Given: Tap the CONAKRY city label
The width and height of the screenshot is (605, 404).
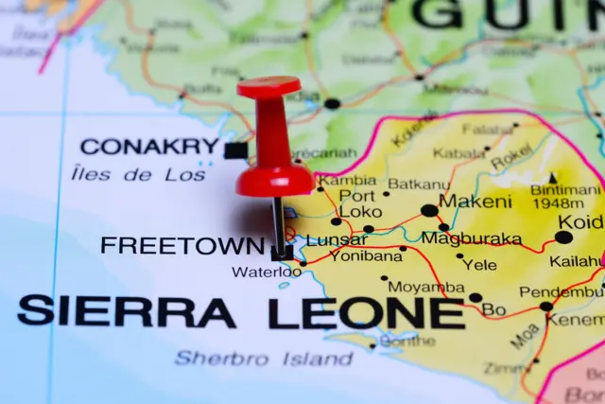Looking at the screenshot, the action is pyautogui.click(x=149, y=147).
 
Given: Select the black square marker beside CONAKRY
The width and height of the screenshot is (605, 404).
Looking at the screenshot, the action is pyautogui.click(x=235, y=149).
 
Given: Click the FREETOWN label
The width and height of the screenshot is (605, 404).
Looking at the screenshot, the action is pyautogui.click(x=182, y=246).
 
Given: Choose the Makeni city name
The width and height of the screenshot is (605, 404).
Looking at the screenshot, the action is pyautogui.click(x=476, y=202).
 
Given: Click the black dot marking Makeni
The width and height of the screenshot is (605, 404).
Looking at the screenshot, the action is pyautogui.click(x=429, y=211).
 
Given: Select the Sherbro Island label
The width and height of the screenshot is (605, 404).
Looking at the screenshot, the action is pyautogui.click(x=264, y=359).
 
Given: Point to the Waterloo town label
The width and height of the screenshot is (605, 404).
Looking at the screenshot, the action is pyautogui.click(x=267, y=272).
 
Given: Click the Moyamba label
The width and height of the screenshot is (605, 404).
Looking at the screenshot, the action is pyautogui.click(x=426, y=287).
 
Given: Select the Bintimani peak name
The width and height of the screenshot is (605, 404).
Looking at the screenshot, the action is pyautogui.click(x=565, y=189).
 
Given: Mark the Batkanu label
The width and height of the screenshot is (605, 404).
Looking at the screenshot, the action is pyautogui.click(x=418, y=184).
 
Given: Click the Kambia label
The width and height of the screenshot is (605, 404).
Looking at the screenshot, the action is pyautogui.click(x=346, y=180).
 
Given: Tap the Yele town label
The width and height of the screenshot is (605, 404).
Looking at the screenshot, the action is pyautogui.click(x=481, y=265).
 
